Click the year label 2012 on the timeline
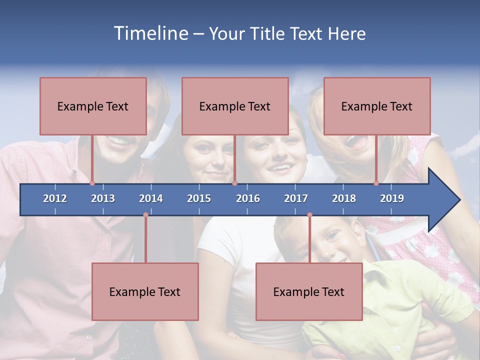tap(55, 198)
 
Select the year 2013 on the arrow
tap(103, 198)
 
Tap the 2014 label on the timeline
tap(151, 198)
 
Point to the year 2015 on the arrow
tap(199, 198)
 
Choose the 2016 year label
tap(248, 198)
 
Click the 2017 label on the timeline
tap(296, 198)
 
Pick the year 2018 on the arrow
tap(344, 198)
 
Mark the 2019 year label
tap(392, 198)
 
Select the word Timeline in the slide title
tap(150, 33)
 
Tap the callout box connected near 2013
tap(93, 106)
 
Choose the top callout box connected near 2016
tap(235, 106)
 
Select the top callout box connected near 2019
tap(377, 106)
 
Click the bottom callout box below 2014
tap(145, 291)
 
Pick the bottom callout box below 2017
tap(309, 291)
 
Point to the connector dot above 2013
tap(92, 183)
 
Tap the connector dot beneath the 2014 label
tap(145, 215)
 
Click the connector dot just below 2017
tap(309, 215)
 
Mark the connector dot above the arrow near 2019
tap(376, 183)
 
